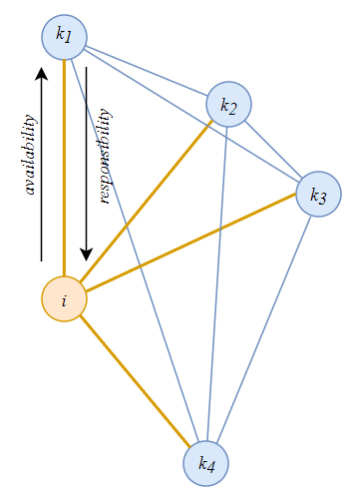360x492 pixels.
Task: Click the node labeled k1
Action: pyautogui.click(x=64, y=37)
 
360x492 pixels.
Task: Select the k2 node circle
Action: pyautogui.click(x=228, y=103)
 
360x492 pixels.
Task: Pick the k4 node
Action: pyautogui.click(x=206, y=463)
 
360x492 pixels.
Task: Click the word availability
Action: pyautogui.click(x=30, y=155)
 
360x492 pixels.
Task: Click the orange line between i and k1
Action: pyautogui.click(x=65, y=170)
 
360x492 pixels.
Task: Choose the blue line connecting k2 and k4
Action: pyautogui.click(x=217, y=279)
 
